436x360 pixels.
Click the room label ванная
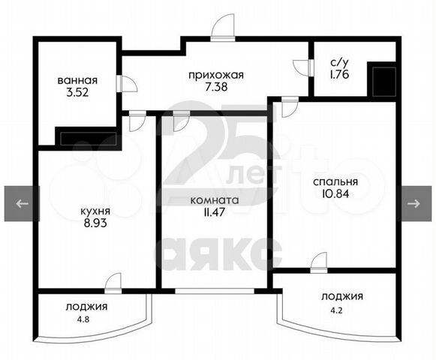[77, 80]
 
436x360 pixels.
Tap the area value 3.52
[77, 92]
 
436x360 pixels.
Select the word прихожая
[216, 75]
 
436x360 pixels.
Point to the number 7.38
[216, 87]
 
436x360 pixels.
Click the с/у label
[339, 63]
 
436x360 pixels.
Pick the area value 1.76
[339, 74]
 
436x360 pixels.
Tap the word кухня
[95, 211]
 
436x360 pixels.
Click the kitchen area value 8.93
[95, 223]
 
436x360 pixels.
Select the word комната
[215, 200]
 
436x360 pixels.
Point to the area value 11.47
[214, 211]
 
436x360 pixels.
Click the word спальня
[335, 182]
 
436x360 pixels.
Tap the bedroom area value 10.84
[335, 193]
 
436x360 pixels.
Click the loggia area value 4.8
[84, 319]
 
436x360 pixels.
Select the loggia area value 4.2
[336, 310]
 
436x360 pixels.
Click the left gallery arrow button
[22, 204]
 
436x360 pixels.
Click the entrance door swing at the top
[222, 26]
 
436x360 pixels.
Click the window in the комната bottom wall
[215, 291]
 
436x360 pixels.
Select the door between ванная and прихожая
[127, 83]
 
